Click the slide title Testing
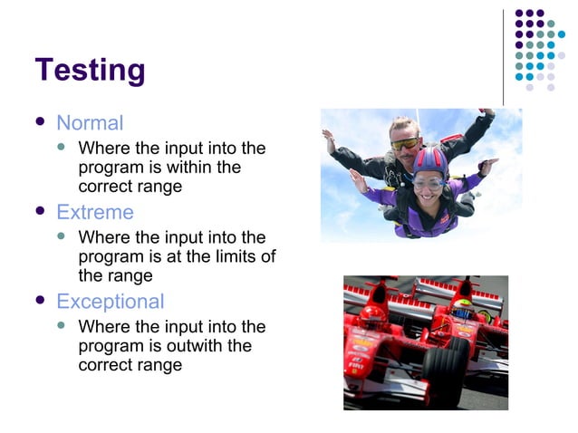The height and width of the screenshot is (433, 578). (x=90, y=70)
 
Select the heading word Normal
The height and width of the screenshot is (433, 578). (x=90, y=123)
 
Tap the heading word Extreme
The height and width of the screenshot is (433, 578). (x=94, y=213)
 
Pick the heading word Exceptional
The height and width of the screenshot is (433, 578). (x=110, y=302)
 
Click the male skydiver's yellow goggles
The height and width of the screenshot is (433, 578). (x=405, y=143)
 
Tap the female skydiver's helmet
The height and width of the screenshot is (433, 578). (x=430, y=162)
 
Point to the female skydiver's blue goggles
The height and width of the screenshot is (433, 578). (x=429, y=182)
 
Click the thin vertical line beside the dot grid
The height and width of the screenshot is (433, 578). (x=504, y=56)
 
